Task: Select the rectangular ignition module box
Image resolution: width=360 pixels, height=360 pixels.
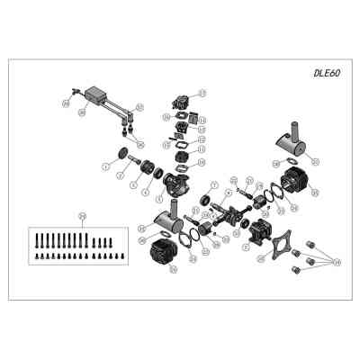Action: [x=98, y=94]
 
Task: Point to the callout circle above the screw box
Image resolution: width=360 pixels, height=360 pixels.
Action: [x=82, y=215]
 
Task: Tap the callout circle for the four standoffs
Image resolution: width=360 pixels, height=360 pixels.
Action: [x=337, y=261]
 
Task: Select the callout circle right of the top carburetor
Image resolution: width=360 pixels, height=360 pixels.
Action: [x=202, y=93]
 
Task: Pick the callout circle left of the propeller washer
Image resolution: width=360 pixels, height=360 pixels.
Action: [x=106, y=167]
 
